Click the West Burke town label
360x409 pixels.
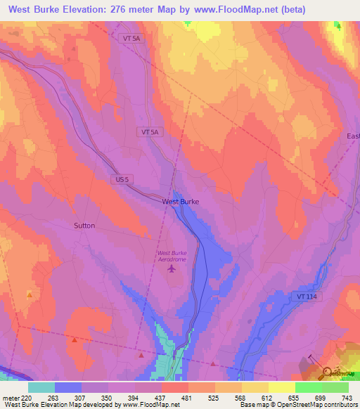pos(180,202)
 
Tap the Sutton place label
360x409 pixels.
pos(84,226)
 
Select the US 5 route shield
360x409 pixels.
pos(122,180)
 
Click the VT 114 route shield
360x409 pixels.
pos(307,297)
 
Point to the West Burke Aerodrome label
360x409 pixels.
pos(172,257)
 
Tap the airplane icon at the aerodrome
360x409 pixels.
pos(172,271)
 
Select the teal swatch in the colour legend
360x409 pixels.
pos(41,387)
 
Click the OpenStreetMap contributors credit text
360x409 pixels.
pos(321,405)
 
